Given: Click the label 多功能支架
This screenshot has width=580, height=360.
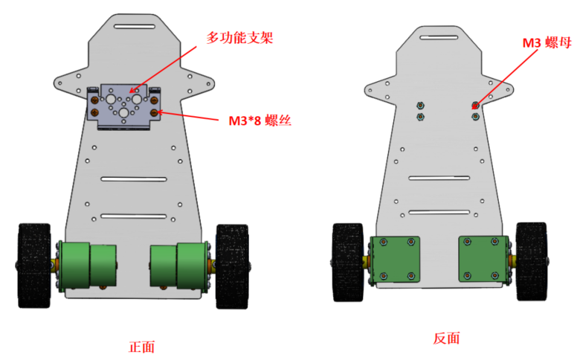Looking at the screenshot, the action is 239,38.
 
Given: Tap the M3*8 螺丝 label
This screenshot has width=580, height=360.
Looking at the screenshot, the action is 260,120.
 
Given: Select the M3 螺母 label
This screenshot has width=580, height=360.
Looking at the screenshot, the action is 547,43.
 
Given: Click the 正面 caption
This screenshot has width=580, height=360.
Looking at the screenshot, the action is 142,347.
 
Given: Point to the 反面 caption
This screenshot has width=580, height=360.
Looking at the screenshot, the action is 446,338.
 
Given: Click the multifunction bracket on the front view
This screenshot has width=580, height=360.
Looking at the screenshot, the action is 123,106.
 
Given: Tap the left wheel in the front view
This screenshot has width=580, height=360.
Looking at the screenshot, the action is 34,266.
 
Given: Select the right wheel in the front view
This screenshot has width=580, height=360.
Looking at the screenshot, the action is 232,266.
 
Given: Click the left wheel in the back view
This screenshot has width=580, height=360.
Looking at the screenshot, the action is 348,262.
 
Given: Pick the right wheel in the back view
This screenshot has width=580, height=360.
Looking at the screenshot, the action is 532,261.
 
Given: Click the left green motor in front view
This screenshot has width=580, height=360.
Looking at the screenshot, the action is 88,265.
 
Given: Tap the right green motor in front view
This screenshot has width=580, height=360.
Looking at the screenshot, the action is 178,266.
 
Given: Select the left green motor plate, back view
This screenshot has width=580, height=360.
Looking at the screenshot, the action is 395,260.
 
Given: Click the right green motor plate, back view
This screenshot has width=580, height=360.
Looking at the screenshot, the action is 483,259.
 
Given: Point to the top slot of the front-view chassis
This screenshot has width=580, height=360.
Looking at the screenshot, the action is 135,27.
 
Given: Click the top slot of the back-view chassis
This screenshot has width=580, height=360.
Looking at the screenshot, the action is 439,37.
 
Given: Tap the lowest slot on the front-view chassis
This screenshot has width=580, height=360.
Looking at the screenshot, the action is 134,216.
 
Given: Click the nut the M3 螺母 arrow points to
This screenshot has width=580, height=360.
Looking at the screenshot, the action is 476,106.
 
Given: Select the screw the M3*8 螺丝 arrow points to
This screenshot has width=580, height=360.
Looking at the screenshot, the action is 154,112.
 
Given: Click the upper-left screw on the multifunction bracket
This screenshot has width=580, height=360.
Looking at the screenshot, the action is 94,100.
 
